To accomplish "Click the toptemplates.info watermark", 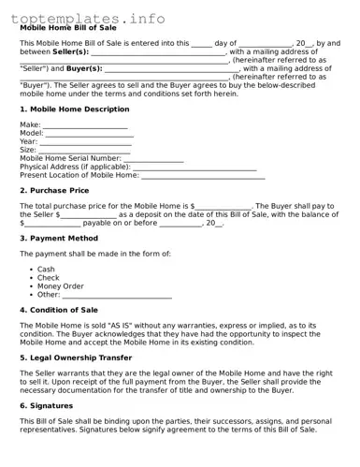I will click(x=88, y=18).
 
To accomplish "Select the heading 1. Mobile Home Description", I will click(x=75, y=109).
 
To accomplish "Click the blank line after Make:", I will click(x=85, y=125).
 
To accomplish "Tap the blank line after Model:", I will click(x=90, y=134).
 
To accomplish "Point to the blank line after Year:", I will click(x=86, y=142).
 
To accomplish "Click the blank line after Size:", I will click(x=84, y=151).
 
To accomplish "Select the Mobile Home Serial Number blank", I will click(x=153, y=159).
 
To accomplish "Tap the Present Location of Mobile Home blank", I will click(x=203, y=176).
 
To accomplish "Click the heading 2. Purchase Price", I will click(x=55, y=190).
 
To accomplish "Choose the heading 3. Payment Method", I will click(x=60, y=239).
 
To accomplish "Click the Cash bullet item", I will click(x=46, y=270).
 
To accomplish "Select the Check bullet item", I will click(x=48, y=278).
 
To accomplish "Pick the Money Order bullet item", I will click(x=60, y=286).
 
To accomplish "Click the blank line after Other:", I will click(x=117, y=295).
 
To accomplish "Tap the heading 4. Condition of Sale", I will click(x=59, y=310).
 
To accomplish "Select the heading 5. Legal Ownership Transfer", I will click(x=76, y=357).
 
